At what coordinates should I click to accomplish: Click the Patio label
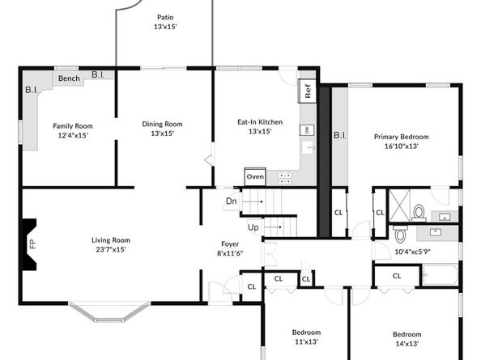click(x=164, y=22)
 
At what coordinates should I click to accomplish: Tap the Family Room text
click(x=73, y=130)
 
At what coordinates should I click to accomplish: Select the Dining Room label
click(x=162, y=128)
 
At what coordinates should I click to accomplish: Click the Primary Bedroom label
click(x=401, y=142)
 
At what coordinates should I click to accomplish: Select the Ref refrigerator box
click(x=308, y=91)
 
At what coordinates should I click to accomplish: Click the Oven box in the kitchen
click(x=255, y=176)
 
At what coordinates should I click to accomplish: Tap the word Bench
click(x=68, y=78)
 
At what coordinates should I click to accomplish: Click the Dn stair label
click(x=231, y=201)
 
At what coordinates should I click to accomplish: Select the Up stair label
click(x=253, y=227)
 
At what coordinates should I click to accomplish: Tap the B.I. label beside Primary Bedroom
click(x=340, y=135)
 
